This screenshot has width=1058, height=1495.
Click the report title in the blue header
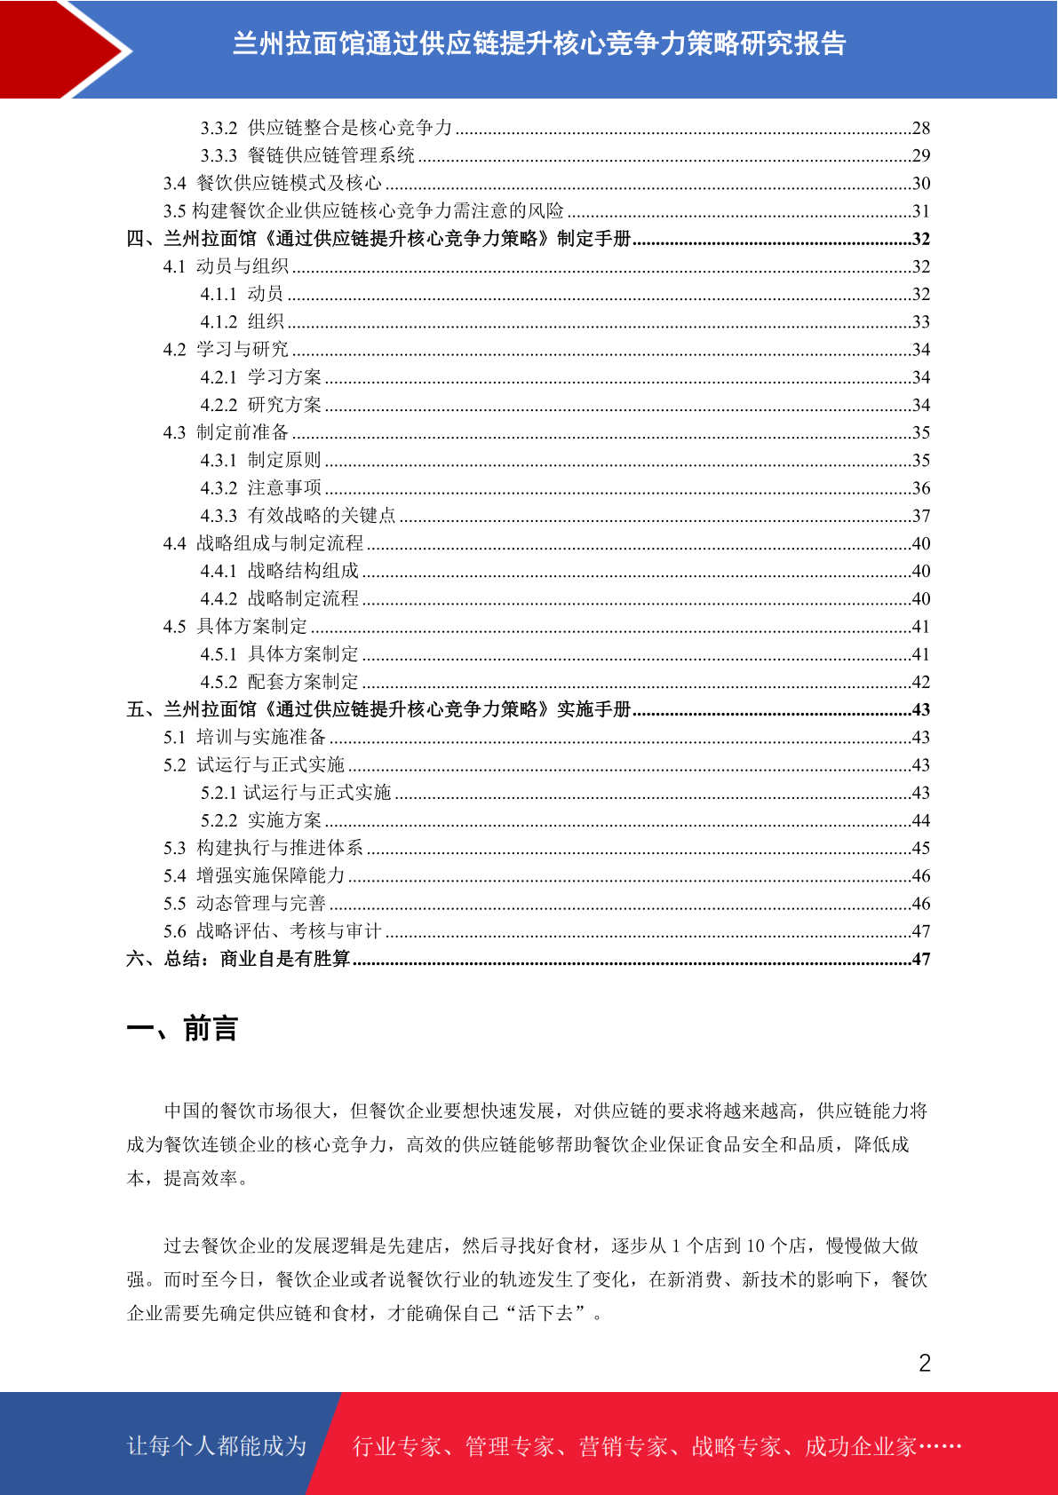pyautogui.click(x=538, y=44)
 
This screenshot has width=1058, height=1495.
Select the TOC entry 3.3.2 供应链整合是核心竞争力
pyautogui.click(x=326, y=128)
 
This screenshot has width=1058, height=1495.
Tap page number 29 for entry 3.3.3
pyautogui.click(x=920, y=155)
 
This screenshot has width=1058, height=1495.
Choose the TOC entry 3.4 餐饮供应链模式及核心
pyautogui.click(x=272, y=183)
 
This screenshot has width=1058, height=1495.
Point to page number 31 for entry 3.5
pyautogui.click(x=920, y=211)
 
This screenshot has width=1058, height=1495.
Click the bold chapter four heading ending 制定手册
pyautogui.click(x=378, y=239)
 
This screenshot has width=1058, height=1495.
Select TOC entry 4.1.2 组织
pyautogui.click(x=242, y=321)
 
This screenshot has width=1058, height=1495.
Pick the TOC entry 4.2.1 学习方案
pyautogui.click(x=260, y=377)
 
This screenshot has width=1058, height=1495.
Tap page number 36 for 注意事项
pyautogui.click(x=920, y=488)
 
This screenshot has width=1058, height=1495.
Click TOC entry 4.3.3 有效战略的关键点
pyautogui.click(x=298, y=516)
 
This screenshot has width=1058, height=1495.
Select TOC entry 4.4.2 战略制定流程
pyautogui.click(x=279, y=598)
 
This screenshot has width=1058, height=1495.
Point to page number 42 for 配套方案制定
pyautogui.click(x=920, y=682)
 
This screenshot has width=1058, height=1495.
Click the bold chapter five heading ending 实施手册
pyautogui.click(x=378, y=709)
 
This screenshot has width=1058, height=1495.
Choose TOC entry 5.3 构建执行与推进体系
pyautogui.click(x=263, y=848)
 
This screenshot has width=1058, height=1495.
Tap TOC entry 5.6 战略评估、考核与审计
pyautogui.click(x=272, y=931)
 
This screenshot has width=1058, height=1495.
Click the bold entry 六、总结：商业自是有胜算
pyautogui.click(x=238, y=959)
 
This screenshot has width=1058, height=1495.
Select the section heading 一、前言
pyautogui.click(x=182, y=1029)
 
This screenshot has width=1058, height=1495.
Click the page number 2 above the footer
pyautogui.click(x=924, y=1364)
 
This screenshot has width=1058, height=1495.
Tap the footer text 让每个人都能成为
pyautogui.click(x=217, y=1446)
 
